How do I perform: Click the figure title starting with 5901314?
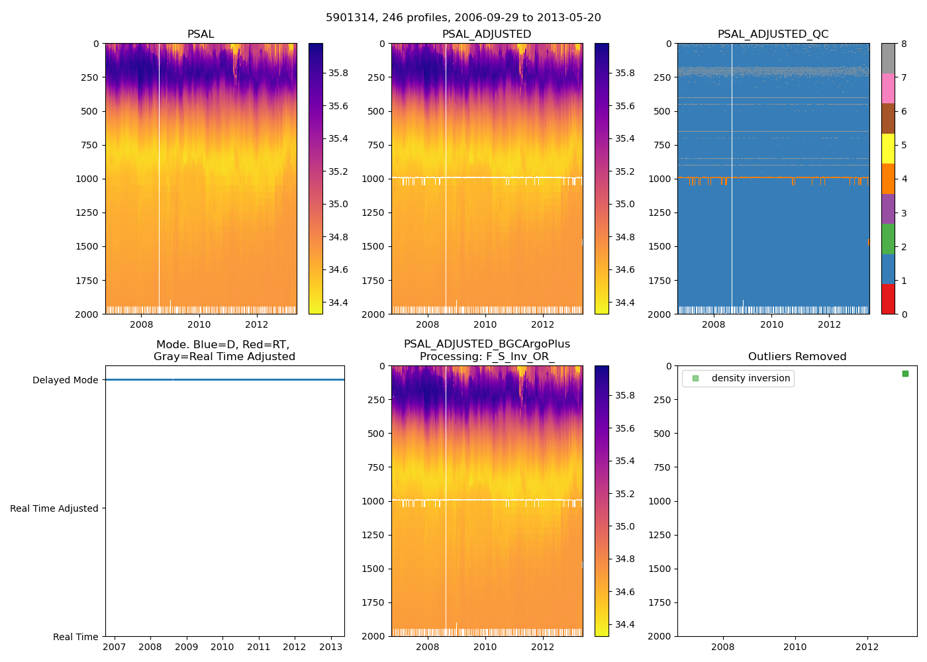[463, 18]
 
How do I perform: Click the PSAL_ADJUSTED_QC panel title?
[773, 34]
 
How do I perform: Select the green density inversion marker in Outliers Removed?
[905, 374]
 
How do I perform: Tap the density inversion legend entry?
[750, 379]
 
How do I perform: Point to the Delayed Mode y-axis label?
[65, 380]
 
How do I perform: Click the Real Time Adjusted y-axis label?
[54, 508]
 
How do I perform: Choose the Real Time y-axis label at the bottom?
[75, 637]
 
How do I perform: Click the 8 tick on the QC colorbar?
[904, 44]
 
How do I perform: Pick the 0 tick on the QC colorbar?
[904, 314]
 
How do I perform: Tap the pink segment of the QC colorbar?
[888, 88]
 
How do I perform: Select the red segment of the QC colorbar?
[888, 299]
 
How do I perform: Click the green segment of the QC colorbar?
[888, 239]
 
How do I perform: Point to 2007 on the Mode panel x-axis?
[115, 647]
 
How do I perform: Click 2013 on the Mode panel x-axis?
[331, 647]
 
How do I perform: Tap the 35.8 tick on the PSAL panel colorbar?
[338, 73]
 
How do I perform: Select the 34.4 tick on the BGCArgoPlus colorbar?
[624, 625]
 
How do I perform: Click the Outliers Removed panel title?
[797, 357]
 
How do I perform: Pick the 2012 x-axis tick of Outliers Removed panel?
[867, 647]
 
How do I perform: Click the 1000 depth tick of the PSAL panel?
[87, 179]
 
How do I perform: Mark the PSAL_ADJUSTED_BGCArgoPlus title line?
[487, 344]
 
